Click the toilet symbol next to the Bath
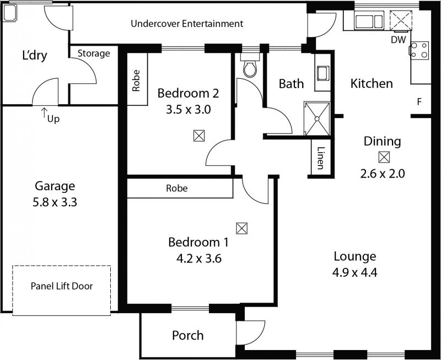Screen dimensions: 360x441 pos(250,68)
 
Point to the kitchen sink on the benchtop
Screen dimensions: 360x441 pos(366,22)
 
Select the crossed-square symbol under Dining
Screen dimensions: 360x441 pos(383,157)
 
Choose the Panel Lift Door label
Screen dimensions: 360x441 pos(62,286)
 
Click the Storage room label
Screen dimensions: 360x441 pos(93,53)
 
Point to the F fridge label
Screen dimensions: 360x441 pos(420,102)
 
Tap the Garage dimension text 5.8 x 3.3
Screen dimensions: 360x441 pos(55,202)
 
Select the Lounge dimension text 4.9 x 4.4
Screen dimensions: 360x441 pos(354,271)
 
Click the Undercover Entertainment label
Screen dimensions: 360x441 pos(187,24)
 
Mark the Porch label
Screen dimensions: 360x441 pos(187,335)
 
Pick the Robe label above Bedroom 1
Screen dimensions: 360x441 pos(177,189)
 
